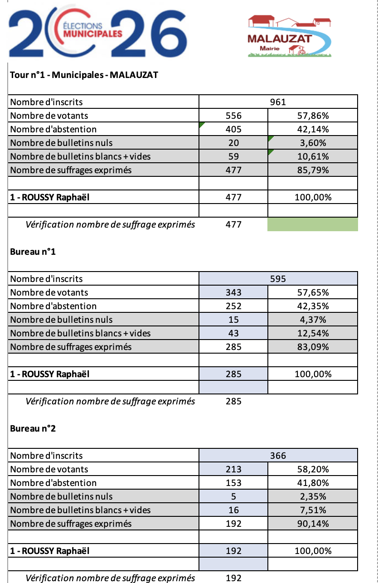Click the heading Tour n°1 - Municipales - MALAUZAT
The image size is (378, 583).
point(84,75)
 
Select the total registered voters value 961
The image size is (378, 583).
point(278,102)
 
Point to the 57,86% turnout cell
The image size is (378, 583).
point(313,116)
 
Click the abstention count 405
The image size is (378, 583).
point(233,129)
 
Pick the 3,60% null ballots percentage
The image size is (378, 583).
point(313,143)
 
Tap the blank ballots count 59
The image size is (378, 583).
point(233,156)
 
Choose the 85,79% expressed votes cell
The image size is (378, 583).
point(313,170)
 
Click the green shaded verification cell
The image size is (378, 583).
point(313,224)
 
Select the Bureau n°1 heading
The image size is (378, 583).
point(33,252)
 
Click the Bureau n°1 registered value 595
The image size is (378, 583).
point(278,279)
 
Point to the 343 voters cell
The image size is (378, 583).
point(233,292)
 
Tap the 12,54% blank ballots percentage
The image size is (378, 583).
point(313,333)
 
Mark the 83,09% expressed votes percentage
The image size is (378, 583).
point(313,347)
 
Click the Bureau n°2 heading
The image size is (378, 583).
point(33,428)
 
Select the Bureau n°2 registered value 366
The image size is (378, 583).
point(278,456)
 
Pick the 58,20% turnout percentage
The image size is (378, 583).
point(313,469)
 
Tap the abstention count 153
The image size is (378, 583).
point(233,483)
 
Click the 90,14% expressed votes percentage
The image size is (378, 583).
point(313,524)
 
